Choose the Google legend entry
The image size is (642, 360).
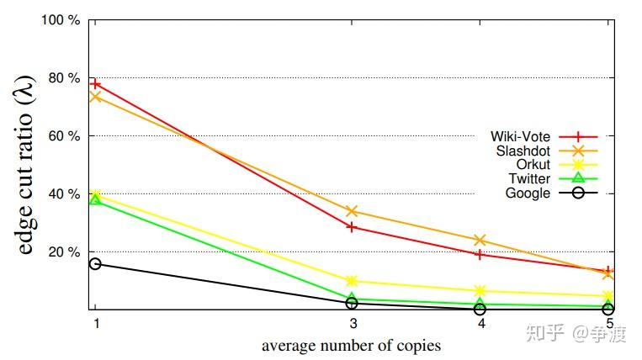click(528, 193)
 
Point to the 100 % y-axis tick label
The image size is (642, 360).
click(61, 19)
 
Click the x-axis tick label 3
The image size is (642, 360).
click(352, 324)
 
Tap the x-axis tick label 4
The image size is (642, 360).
click(480, 324)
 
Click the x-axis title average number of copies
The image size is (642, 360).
click(351, 345)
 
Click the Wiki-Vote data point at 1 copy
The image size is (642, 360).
click(95, 84)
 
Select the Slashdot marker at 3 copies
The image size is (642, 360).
click(352, 211)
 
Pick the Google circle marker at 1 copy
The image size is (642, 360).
click(95, 264)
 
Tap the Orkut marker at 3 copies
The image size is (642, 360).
click(352, 281)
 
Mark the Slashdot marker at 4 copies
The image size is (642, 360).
click(480, 240)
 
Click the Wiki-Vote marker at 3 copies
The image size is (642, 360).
click(352, 226)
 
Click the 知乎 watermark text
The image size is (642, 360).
click(544, 334)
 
